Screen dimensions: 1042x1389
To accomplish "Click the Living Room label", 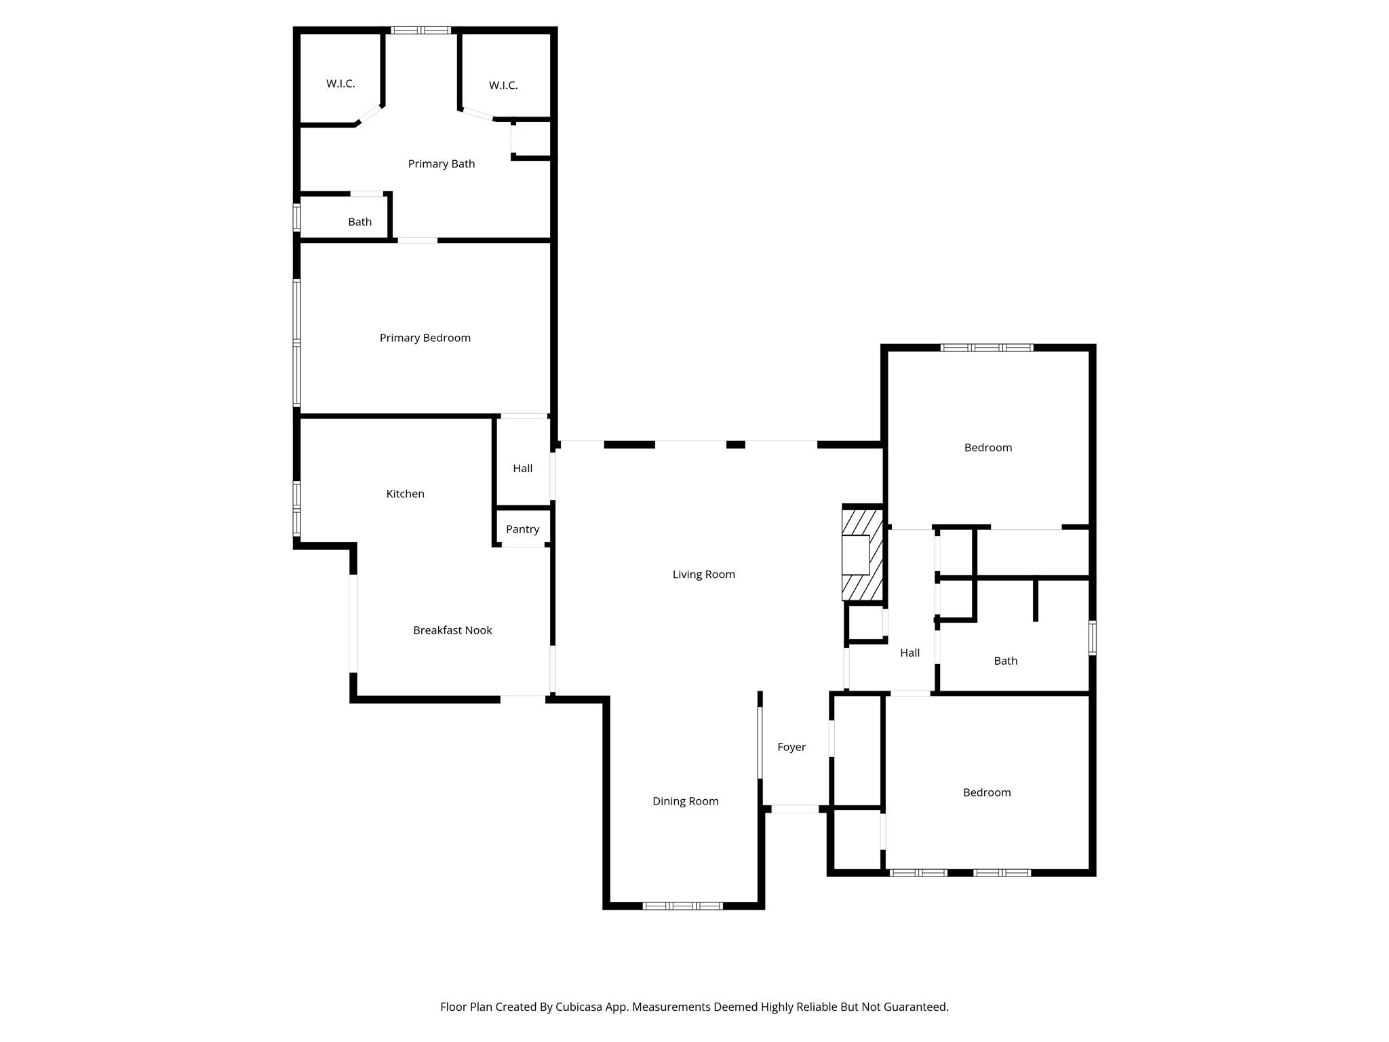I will pos(703,575).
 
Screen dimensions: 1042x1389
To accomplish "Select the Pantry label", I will pos(522,529).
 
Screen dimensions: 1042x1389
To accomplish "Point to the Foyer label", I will pos(791,747).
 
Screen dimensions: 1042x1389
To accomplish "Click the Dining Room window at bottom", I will pos(682,906).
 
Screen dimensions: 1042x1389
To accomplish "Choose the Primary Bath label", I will pos(441,163).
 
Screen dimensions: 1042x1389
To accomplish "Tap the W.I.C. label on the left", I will pos(340,83).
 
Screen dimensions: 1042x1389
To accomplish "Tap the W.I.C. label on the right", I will pos(503,85).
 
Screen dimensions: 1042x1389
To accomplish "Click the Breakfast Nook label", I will pos(452,630).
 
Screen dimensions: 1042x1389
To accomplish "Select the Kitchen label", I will pos(405,494).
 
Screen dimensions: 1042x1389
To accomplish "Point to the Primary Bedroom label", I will pos(425,338).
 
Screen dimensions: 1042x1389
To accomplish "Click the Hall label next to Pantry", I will pos(522,468).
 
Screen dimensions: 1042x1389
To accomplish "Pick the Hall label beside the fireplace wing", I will pos(909,653).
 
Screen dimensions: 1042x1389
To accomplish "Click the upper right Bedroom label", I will pos(987,448).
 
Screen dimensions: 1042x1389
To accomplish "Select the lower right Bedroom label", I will pos(986,792).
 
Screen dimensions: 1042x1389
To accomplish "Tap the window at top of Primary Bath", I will pos(420,30).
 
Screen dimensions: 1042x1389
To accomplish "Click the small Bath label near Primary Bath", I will pos(359,222).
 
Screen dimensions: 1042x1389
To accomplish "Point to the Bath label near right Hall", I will pos(1005,661).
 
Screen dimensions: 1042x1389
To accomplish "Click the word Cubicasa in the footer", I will pos(581,1007).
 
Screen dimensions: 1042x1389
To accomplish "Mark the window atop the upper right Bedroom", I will pos(987,347).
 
